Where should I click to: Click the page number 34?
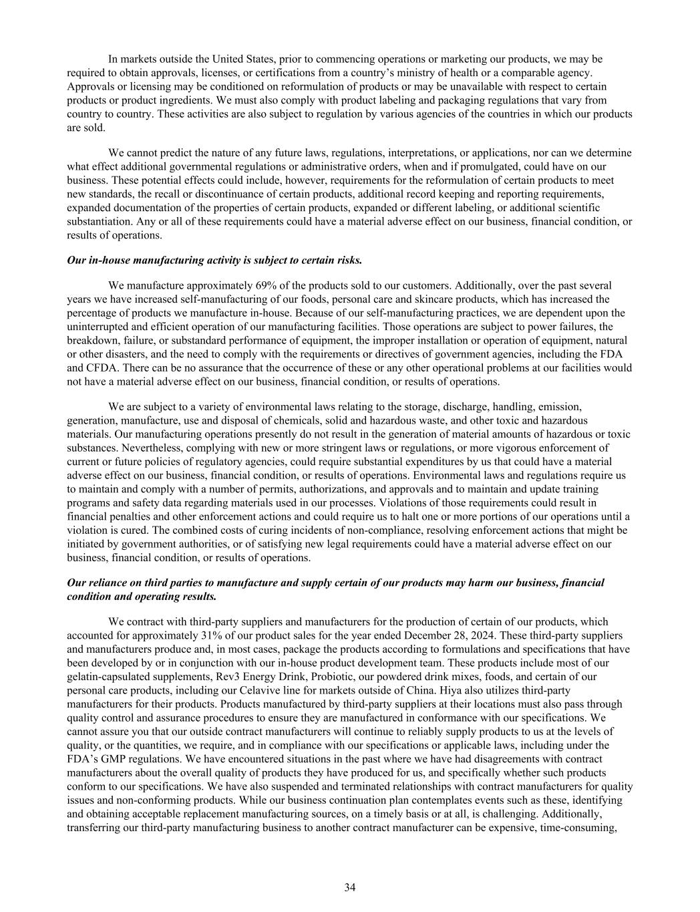349,887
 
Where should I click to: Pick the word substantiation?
98,221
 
